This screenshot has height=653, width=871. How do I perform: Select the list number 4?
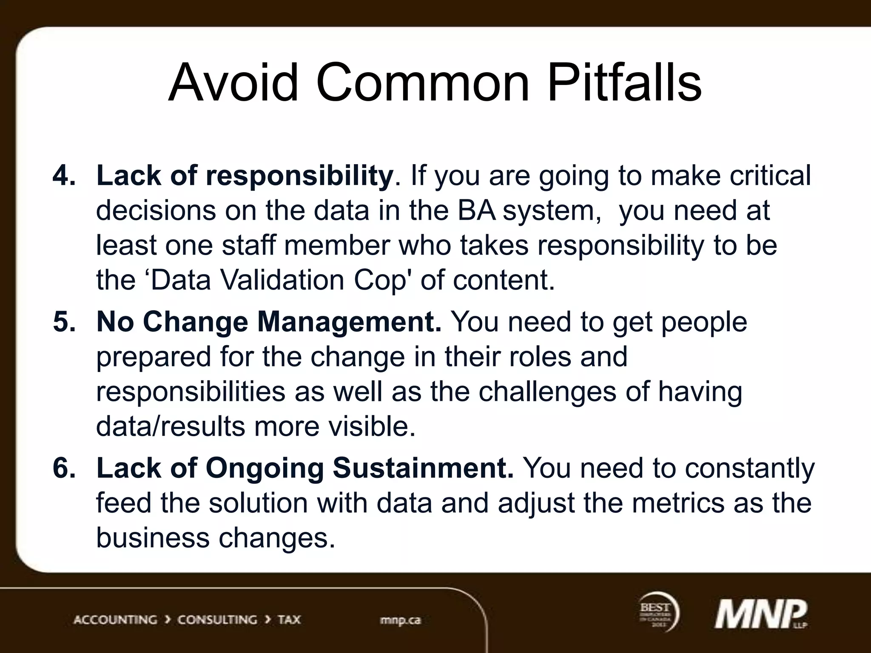click(x=64, y=175)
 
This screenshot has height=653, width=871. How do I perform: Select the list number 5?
click(x=64, y=321)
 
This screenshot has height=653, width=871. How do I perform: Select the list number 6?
click(x=64, y=468)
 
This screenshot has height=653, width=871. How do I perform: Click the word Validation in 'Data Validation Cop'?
click(x=282, y=280)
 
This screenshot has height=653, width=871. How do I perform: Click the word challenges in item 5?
click(x=547, y=392)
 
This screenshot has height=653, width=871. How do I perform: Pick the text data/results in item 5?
click(x=171, y=426)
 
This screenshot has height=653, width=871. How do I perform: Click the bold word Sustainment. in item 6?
click(x=423, y=468)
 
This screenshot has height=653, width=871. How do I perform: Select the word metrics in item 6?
click(x=678, y=503)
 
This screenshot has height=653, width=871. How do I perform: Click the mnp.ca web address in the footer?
click(x=400, y=620)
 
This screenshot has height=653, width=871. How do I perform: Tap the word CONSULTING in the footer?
click(x=217, y=619)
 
